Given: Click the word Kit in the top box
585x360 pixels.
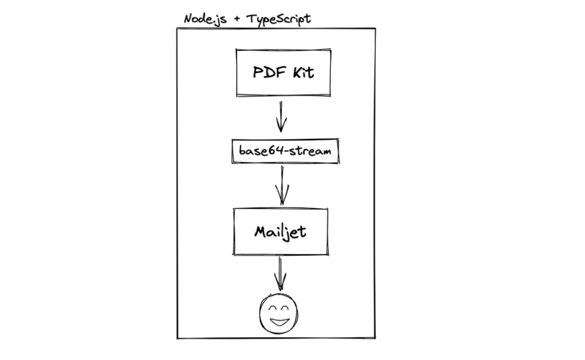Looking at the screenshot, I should click(302, 73).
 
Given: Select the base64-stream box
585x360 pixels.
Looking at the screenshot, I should click(285, 151).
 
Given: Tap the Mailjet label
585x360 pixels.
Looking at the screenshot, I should click(280, 231).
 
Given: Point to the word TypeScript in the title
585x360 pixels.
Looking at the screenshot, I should click(278, 19).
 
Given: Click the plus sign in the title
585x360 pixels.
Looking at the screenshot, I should click(236, 19).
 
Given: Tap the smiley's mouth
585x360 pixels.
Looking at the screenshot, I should click(279, 321).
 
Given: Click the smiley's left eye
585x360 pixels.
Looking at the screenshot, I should click(270, 307).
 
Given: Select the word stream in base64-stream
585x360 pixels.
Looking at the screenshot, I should click(311, 151).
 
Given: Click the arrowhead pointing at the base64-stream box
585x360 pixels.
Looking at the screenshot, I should click(281, 127).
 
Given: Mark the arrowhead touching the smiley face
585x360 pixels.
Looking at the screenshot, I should click(280, 286).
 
